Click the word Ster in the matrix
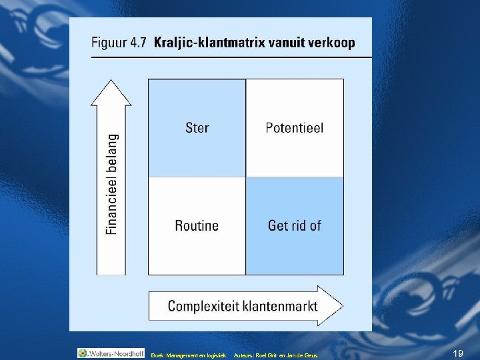pyautogui.click(x=197, y=127)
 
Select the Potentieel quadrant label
pyautogui.click(x=294, y=127)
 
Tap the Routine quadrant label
pyautogui.click(x=197, y=225)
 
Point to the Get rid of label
pyautogui.click(x=294, y=225)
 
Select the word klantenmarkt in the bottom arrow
pyautogui.click(x=279, y=306)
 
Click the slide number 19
pyautogui.click(x=457, y=353)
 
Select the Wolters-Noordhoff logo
pyautogui.click(x=111, y=353)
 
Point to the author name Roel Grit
pyautogui.click(x=262, y=355)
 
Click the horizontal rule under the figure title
pyautogui.click(x=230, y=58)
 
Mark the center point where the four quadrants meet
pyautogui.click(x=246, y=177)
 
